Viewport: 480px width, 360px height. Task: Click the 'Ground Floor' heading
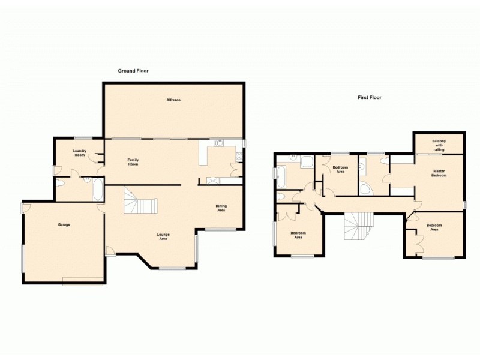click(x=133, y=71)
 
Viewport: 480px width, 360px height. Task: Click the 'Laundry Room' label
click(x=80, y=153)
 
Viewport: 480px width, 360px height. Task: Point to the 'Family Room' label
click(x=133, y=161)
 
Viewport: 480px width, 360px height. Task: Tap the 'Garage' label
click(x=64, y=224)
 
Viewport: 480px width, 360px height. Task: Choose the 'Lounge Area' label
click(x=162, y=236)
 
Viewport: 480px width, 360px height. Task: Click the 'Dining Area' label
click(x=221, y=208)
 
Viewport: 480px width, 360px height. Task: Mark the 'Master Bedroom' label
click(x=440, y=173)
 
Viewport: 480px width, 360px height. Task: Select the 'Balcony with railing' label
click(x=439, y=145)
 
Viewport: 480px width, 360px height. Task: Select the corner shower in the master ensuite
click(x=365, y=189)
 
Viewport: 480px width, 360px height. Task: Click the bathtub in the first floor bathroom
click(x=282, y=176)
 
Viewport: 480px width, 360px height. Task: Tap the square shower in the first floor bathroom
click(x=307, y=162)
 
